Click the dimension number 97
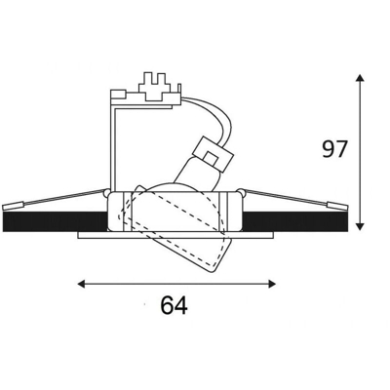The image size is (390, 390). point(334,149)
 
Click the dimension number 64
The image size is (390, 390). point(175,305)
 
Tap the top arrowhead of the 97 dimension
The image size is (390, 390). point(360,78)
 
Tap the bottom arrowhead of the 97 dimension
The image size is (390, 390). point(360,226)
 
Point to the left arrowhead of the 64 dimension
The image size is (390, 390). point(81,284)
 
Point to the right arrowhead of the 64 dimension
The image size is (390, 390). point(272,284)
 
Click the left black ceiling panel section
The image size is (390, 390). point(55,222)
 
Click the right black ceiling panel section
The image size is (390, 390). point(295,222)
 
